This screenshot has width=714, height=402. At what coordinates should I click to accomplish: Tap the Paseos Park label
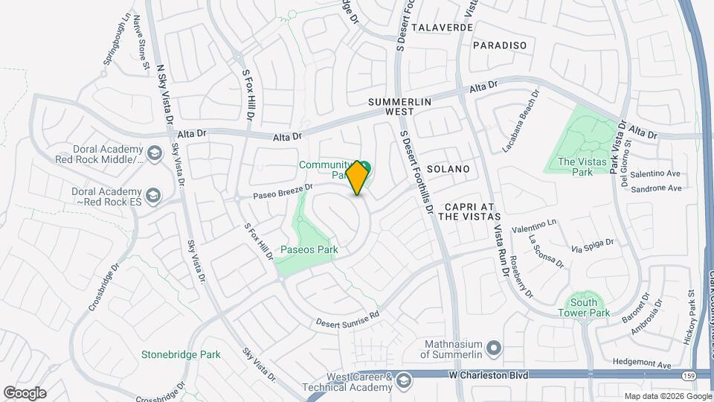(309, 249)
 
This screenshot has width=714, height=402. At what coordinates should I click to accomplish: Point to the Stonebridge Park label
(181, 355)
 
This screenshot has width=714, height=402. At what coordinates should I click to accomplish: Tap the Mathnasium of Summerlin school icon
(492, 348)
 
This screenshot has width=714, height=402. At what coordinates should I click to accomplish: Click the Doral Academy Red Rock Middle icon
(155, 154)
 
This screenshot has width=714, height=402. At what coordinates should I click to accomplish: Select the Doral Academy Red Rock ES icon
(153, 195)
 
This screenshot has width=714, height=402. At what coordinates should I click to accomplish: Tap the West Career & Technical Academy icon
(403, 381)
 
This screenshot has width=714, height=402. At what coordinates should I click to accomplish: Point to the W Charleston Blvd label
(489, 375)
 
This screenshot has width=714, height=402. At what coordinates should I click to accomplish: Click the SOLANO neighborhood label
(448, 169)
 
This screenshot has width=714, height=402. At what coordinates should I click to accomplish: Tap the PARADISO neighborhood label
(499, 45)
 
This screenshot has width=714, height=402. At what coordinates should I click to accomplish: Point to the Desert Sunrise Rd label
(347, 319)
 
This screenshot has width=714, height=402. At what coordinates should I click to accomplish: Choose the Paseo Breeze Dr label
(283, 191)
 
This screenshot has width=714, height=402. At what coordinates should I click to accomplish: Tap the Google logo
(25, 392)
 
